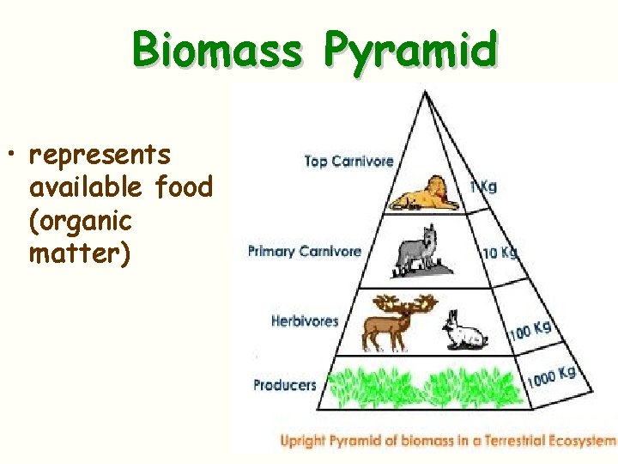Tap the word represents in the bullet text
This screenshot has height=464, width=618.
[100, 155]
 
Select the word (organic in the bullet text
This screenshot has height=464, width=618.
[81, 220]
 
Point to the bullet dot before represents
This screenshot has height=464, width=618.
[15, 156]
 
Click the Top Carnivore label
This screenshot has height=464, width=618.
[348, 161]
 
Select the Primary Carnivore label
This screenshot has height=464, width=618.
[305, 251]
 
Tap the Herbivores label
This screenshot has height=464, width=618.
[305, 321]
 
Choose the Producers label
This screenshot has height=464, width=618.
[285, 385]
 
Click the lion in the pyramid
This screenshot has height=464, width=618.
[425, 195]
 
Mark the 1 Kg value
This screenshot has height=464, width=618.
[482, 186]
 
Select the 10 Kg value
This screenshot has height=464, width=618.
[500, 253]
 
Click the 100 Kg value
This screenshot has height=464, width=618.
[530, 329]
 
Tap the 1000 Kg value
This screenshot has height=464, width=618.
[550, 375]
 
